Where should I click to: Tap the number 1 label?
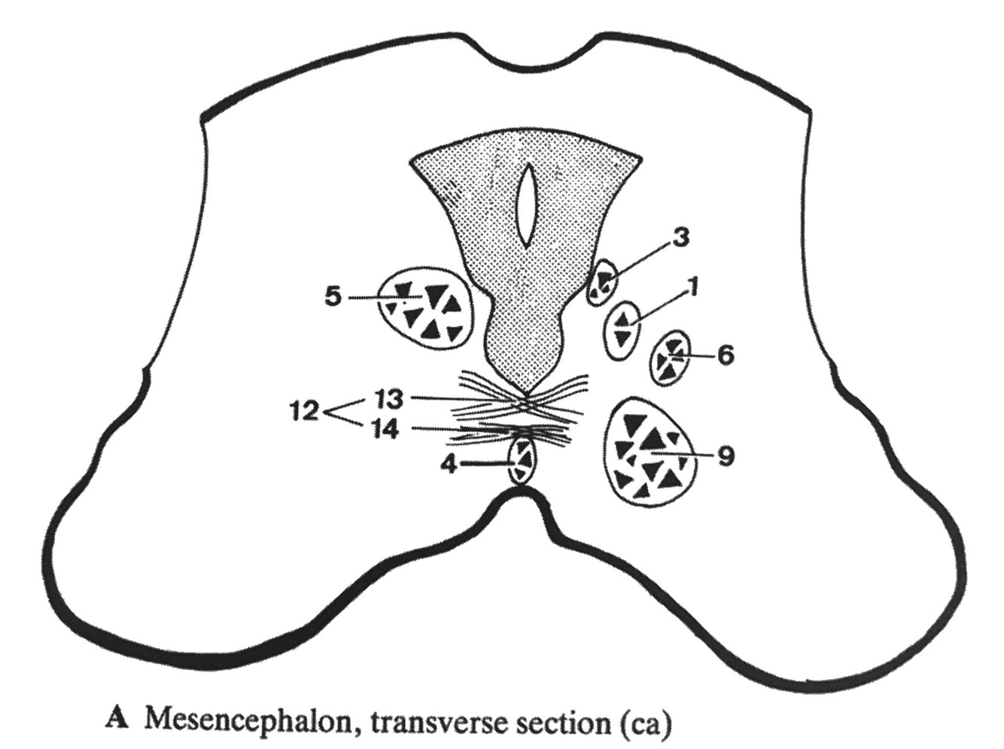tap(693, 286)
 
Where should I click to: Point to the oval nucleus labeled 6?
tap(670, 358)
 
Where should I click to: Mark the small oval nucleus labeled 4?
tap(522, 461)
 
